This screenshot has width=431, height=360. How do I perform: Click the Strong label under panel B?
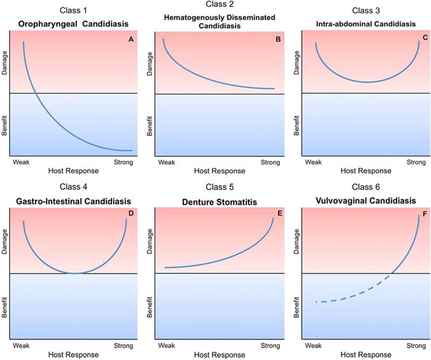(x=270, y=162)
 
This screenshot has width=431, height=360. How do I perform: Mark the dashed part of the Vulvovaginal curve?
(x=351, y=293)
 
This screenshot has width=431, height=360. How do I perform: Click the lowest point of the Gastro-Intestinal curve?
(x=75, y=273)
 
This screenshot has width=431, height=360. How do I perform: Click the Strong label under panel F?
(x=414, y=345)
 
